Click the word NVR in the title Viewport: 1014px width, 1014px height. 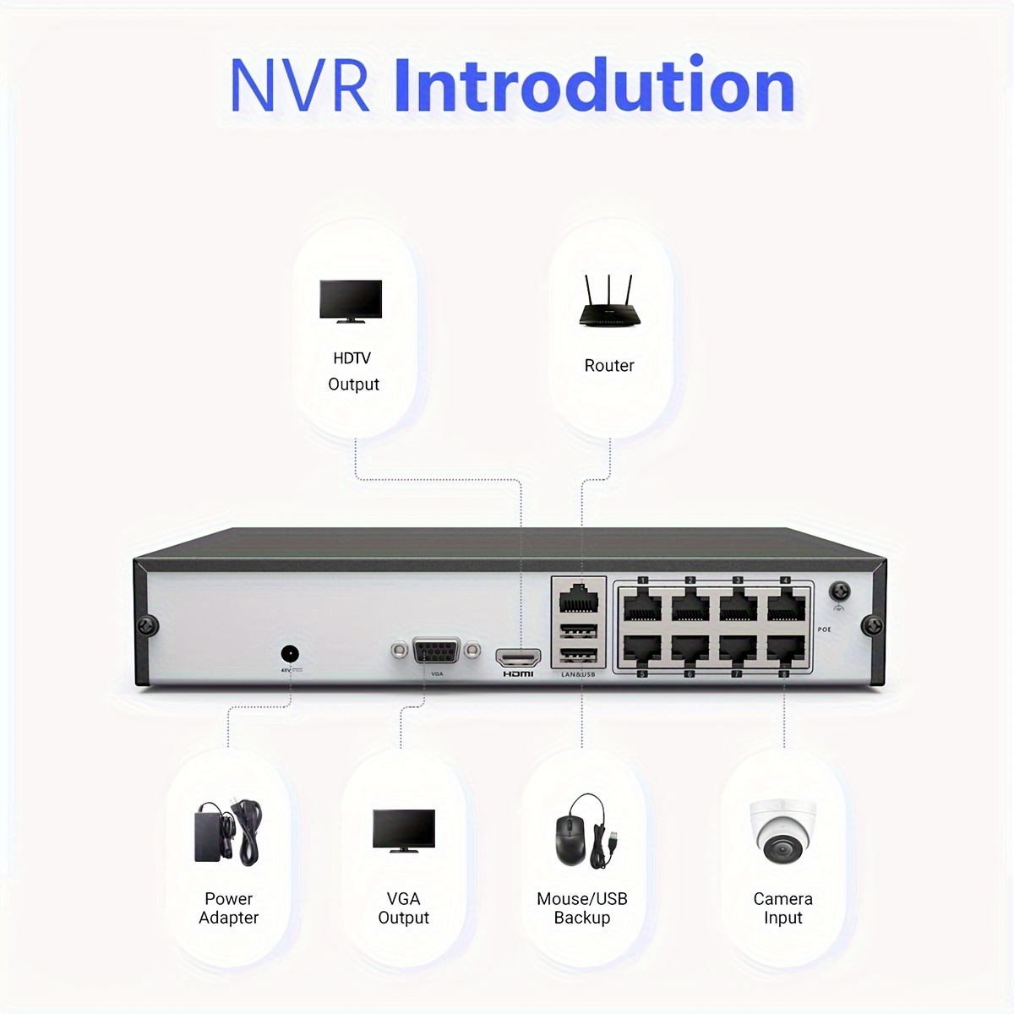[299, 85]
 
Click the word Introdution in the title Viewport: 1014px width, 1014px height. [594, 85]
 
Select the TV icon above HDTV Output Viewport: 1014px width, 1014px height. [351, 301]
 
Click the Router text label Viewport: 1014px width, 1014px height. [609, 366]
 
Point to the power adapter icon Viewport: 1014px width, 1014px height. [228, 832]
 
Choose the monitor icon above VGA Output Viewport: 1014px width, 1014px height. [404, 831]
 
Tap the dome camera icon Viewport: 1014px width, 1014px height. [782, 831]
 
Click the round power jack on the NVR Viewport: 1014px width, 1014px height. [290, 654]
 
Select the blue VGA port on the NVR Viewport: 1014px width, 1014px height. [436, 651]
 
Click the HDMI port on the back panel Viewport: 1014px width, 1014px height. [518, 656]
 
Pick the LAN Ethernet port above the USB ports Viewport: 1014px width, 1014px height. [578, 598]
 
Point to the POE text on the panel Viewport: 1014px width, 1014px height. [825, 630]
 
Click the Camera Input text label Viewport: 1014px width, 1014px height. [783, 908]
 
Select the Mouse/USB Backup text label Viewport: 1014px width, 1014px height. [582, 908]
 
